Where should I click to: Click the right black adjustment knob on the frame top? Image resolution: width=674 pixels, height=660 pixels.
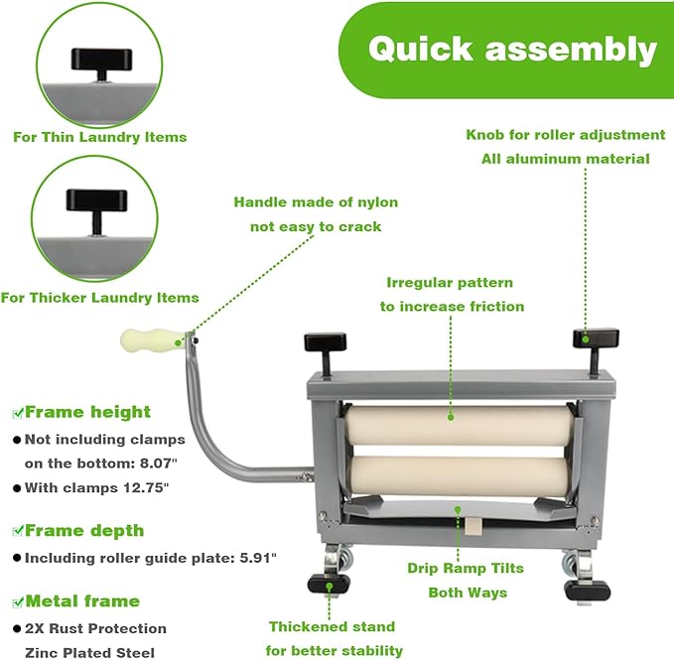click(595, 339)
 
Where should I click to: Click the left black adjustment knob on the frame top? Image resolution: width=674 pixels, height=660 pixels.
click(326, 343)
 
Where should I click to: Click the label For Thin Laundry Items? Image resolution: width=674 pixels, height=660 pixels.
click(99, 137)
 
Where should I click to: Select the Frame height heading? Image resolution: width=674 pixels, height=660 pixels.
click(87, 412)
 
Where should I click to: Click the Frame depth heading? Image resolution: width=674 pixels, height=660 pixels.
click(84, 530)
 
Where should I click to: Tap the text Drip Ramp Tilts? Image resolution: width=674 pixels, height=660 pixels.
click(466, 569)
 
